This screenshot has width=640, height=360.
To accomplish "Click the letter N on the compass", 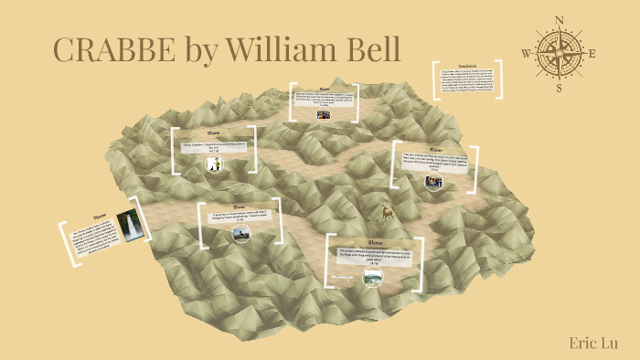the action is click(560, 19).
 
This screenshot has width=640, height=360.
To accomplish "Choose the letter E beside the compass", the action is click(592, 53).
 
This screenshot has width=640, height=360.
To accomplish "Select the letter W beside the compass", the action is click(527, 53).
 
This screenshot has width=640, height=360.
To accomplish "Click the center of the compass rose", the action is click(560, 53).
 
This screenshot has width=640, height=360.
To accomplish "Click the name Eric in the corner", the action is click(581, 342).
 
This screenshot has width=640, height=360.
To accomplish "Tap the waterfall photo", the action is click(134, 225).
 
